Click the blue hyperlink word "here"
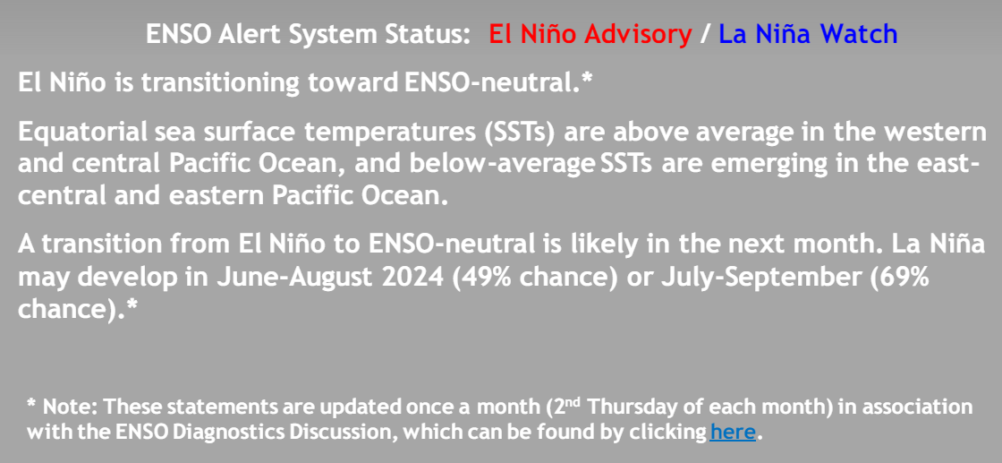coord(733,433)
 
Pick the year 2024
coord(418,279)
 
